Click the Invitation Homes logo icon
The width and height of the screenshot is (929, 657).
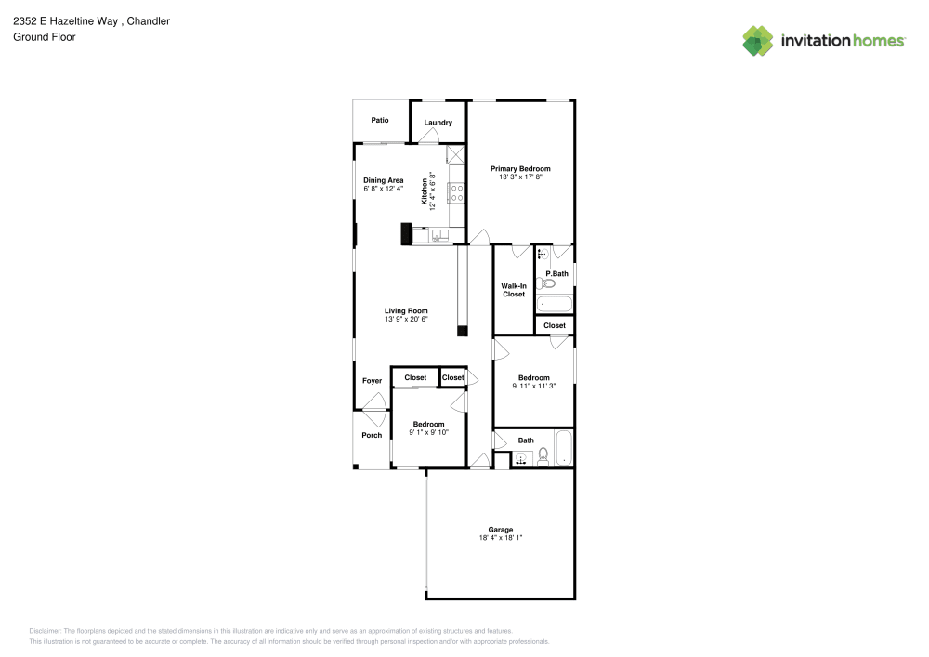pyautogui.click(x=757, y=40)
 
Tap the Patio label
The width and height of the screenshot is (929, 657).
pyautogui.click(x=379, y=120)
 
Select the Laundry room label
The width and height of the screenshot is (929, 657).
pyautogui.click(x=438, y=123)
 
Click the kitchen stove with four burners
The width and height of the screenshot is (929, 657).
pyautogui.click(x=457, y=193)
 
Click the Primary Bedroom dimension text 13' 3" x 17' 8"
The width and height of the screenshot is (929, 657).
pyautogui.click(x=520, y=177)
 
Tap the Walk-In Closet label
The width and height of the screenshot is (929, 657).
pyautogui.click(x=514, y=290)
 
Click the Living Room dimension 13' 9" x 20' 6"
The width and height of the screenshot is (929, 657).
pyautogui.click(x=406, y=319)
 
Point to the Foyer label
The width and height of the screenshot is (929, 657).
pyautogui.click(x=372, y=381)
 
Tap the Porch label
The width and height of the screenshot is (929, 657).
pyautogui.click(x=372, y=435)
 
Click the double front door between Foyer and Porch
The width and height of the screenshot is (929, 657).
pyautogui.click(x=373, y=403)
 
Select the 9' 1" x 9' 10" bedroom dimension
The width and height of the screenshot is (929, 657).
pyautogui.click(x=428, y=432)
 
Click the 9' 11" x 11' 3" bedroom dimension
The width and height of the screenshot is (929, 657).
pyautogui.click(x=533, y=386)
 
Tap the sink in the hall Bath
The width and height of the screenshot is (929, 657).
pyautogui.click(x=521, y=458)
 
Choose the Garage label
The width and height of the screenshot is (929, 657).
pyautogui.click(x=502, y=530)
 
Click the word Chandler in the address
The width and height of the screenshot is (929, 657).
pyautogui.click(x=150, y=20)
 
